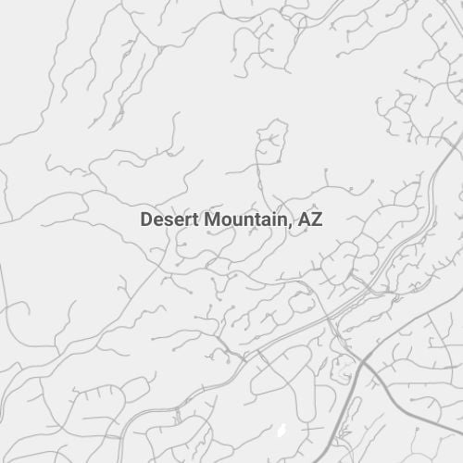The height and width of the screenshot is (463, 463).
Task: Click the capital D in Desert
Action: click(x=146, y=220)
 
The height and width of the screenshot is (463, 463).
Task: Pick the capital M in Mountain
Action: click(x=211, y=220)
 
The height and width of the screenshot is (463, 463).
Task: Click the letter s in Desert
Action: click(x=167, y=221)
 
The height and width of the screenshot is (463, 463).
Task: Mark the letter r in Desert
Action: click(x=185, y=221)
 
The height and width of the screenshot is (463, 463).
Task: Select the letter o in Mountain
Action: click(x=225, y=221)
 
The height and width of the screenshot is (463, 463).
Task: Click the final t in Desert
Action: click(x=193, y=220)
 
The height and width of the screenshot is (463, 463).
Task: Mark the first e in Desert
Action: click(x=157, y=221)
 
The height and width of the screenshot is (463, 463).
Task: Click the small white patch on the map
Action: click(x=282, y=432)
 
